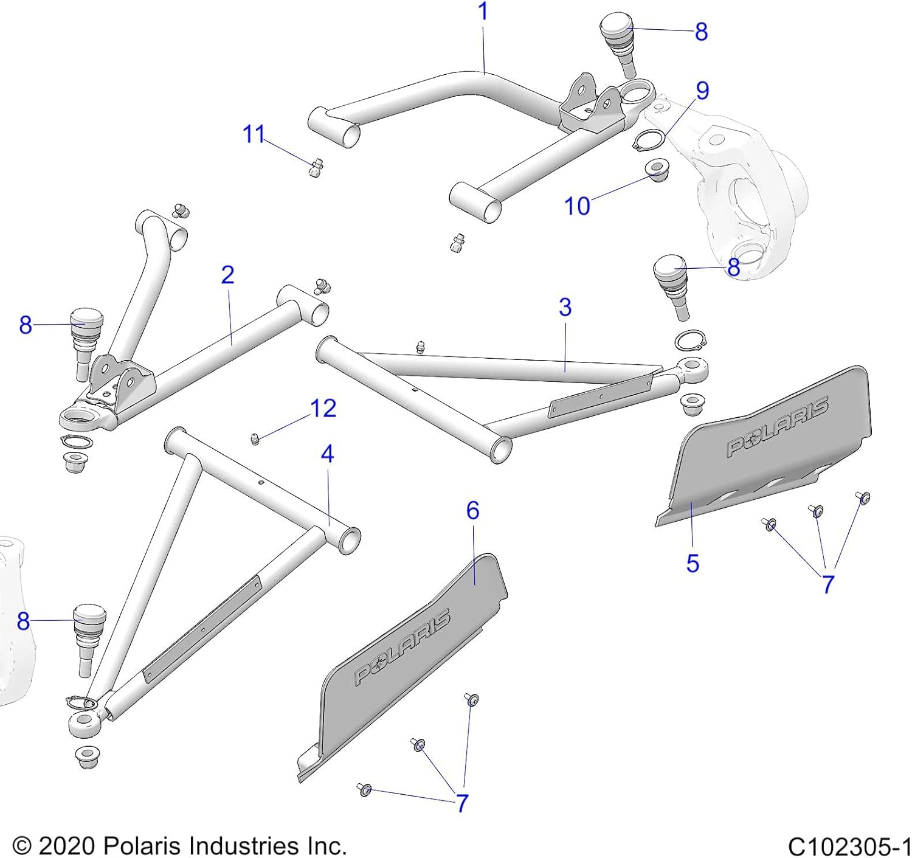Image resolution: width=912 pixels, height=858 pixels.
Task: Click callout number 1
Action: click(x=483, y=12)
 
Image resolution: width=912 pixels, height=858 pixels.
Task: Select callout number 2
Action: click(x=227, y=275)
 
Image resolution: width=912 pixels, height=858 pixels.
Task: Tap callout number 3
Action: click(x=565, y=307)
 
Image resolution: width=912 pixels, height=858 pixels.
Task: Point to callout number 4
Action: click(x=327, y=454)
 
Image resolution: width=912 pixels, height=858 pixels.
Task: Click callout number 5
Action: click(x=693, y=563)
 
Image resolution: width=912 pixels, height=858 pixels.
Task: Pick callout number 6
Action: click(x=473, y=510)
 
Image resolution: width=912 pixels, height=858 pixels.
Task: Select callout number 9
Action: click(x=702, y=91)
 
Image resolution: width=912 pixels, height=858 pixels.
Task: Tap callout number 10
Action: click(x=577, y=206)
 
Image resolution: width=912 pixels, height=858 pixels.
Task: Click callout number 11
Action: click(x=254, y=134)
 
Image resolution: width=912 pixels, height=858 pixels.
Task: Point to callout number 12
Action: click(x=323, y=408)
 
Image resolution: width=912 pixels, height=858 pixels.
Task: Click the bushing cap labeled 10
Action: click(x=657, y=170)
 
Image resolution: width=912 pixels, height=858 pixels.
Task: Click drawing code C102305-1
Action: click(x=849, y=846)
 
